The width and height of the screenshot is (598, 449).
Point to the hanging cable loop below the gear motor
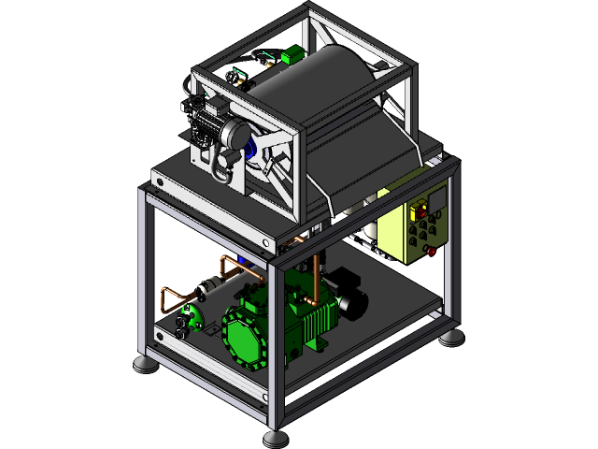pyautogui.click(x=222, y=168)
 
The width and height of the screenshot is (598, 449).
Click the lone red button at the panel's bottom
pyautogui.click(x=431, y=250)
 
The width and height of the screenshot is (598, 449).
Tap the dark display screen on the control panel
pyautogui.click(x=436, y=200)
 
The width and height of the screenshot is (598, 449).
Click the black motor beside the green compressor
pyautogui.click(x=350, y=299)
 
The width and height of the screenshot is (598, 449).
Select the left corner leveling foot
pyautogui.click(x=144, y=364)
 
